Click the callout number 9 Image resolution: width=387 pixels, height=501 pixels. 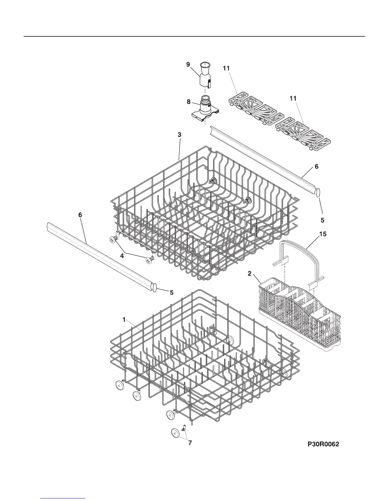188,65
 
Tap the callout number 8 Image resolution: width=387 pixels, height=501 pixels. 188,102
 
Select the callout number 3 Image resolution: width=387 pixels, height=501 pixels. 179,135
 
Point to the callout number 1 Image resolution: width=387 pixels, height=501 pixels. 124,320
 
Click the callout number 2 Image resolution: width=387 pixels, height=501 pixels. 249,274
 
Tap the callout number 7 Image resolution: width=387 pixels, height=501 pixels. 190,443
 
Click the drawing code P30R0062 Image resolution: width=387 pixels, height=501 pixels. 323,444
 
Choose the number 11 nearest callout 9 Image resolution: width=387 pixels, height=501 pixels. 226,68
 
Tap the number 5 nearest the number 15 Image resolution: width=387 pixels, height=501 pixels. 322,220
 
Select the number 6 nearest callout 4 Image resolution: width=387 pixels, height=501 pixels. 80,215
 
